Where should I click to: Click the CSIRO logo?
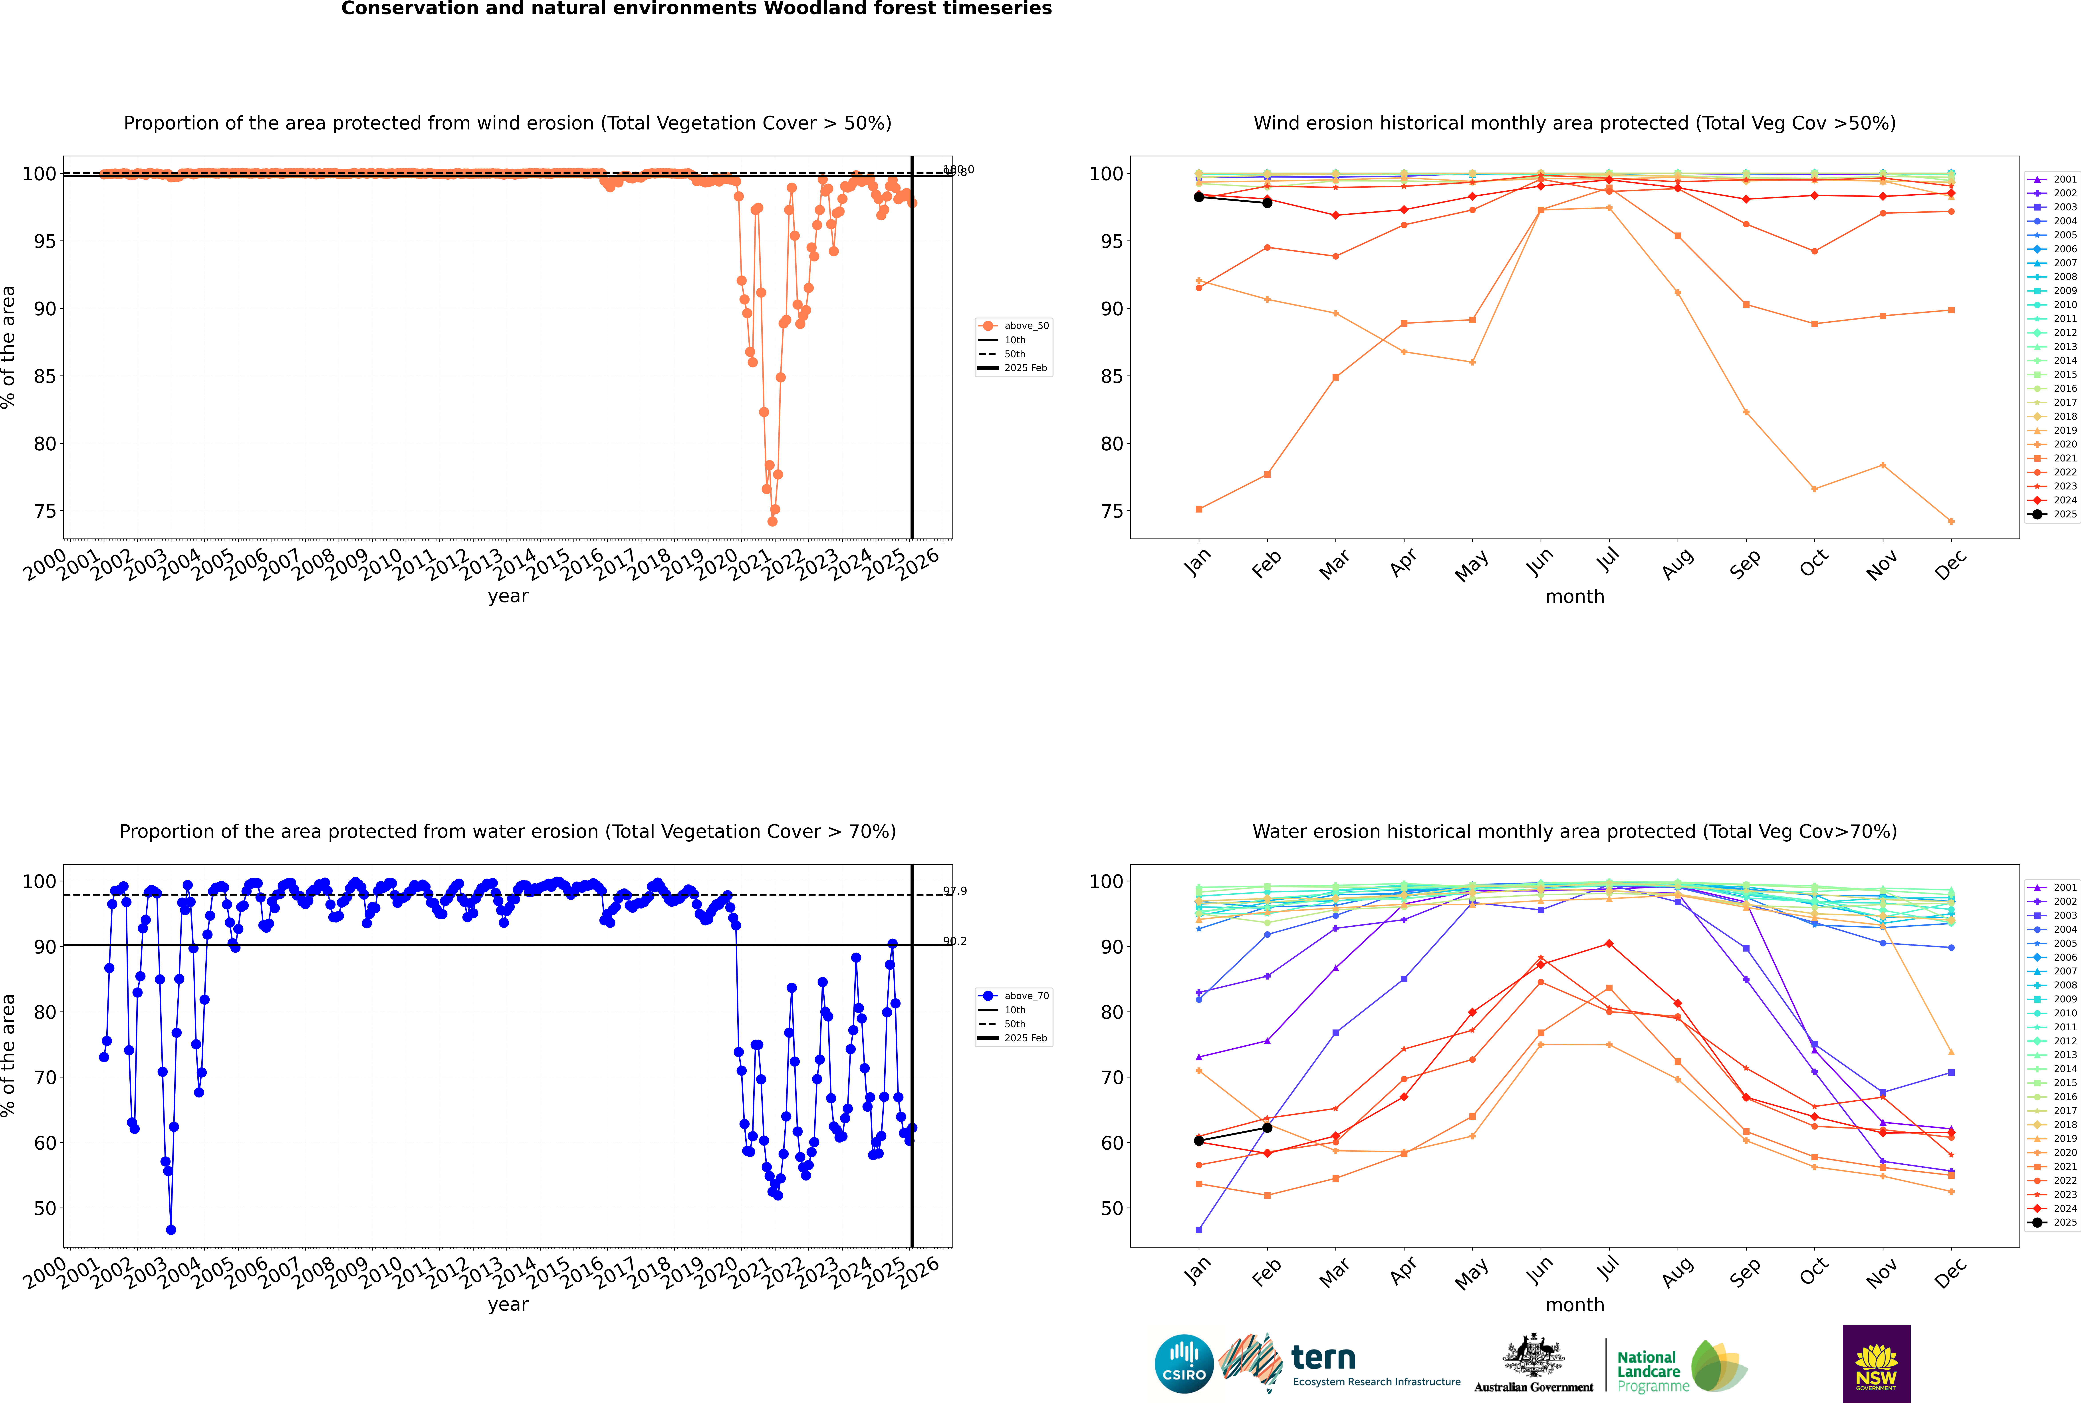[x=1184, y=1364]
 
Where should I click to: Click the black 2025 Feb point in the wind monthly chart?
[x=1267, y=203]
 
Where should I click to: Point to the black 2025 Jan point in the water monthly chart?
[x=1199, y=1141]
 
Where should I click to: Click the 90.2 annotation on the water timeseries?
[x=955, y=941]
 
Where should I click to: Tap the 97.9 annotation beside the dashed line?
[x=955, y=891]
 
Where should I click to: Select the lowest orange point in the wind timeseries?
[x=772, y=522]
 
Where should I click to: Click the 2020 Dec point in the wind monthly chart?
[x=1951, y=522]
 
